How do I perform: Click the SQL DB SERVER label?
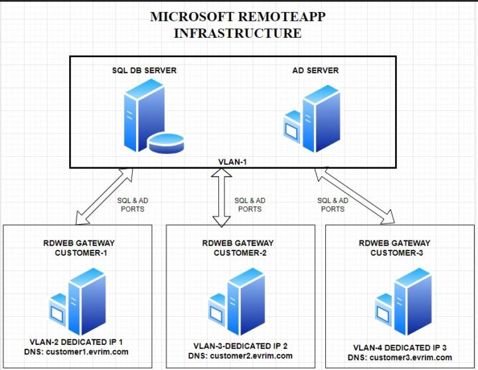coord(145,70)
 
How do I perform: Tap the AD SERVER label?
coord(315,70)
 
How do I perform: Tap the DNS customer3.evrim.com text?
coord(398,357)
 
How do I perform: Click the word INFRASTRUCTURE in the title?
coord(237,33)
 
